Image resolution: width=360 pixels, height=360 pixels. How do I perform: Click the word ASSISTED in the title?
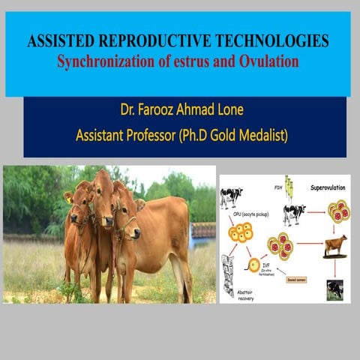pos(58,42)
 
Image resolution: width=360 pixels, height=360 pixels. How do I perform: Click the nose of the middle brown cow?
pos(107,223)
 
